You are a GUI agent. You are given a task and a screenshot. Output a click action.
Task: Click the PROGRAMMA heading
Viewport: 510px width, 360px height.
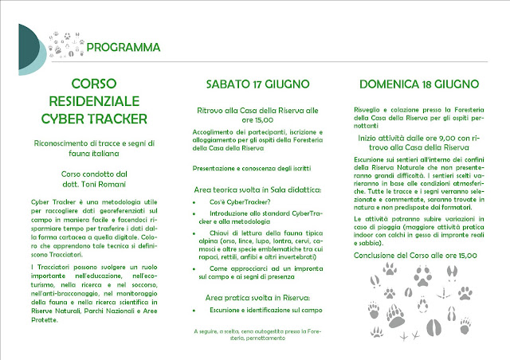pyautogui.click(x=124, y=46)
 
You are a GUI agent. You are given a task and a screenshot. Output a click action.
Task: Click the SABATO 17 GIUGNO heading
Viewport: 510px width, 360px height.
pyautogui.click(x=255, y=84)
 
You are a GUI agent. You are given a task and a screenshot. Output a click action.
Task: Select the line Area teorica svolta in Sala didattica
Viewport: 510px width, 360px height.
pyautogui.click(x=254, y=190)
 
